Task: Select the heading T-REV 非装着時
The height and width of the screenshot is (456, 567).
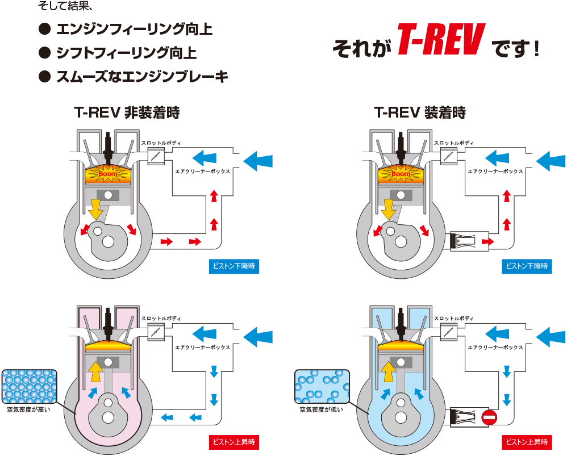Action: (x=127, y=112)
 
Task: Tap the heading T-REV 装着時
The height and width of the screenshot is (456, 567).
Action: (x=420, y=112)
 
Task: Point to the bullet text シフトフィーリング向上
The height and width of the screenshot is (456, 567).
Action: (x=126, y=53)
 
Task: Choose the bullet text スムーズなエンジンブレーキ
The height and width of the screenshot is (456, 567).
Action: (x=141, y=77)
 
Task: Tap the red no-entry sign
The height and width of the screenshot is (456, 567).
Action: (x=489, y=419)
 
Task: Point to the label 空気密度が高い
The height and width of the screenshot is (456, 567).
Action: (x=28, y=409)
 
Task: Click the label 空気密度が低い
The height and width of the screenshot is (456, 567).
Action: (x=322, y=409)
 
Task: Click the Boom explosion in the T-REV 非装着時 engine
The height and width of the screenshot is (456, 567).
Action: (x=107, y=173)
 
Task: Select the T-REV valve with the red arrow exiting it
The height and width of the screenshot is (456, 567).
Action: (x=469, y=241)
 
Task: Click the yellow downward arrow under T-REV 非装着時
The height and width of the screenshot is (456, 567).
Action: (x=95, y=209)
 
